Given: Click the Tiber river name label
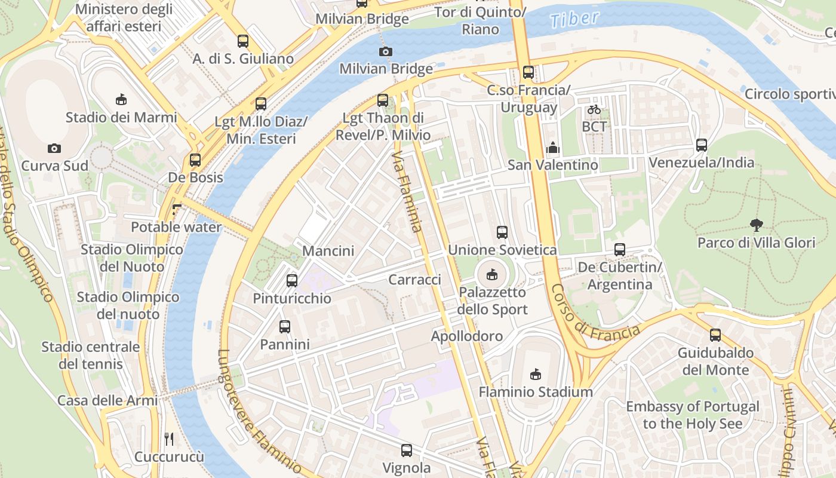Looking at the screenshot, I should (574, 19).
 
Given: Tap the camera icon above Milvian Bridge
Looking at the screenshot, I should (386, 51).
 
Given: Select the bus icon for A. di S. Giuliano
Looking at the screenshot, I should (242, 41).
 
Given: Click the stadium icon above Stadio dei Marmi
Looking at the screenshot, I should (121, 99).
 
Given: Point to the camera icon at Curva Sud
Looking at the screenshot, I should (54, 148).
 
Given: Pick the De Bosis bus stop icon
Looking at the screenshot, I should (195, 160).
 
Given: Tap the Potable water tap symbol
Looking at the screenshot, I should (176, 210).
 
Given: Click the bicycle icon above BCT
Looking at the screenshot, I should (594, 109).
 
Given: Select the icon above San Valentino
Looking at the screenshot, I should (553, 147).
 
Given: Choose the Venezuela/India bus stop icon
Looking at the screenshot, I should (702, 145).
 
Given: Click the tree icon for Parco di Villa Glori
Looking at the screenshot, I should (756, 225).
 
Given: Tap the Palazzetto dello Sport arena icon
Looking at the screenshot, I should (492, 275).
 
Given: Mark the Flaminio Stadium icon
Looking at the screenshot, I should (535, 375).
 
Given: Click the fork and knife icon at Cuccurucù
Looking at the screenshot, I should (169, 439).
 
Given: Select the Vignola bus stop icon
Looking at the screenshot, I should (407, 450).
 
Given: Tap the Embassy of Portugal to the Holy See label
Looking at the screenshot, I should (693, 415).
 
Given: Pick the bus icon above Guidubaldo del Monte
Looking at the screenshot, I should (715, 335).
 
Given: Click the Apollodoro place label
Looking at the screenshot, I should (467, 336).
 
